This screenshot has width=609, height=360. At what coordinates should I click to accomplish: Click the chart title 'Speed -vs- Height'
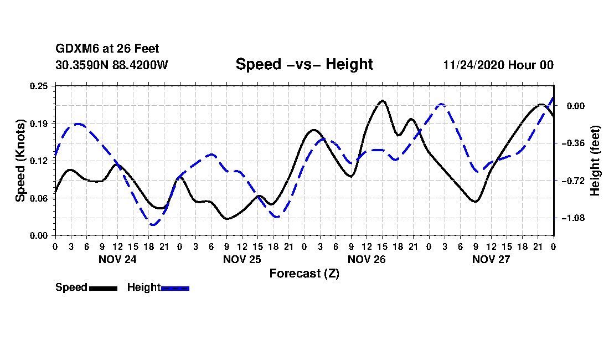pyautogui.click(x=304, y=64)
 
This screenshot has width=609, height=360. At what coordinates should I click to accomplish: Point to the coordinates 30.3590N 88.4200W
pyautogui.click(x=111, y=65)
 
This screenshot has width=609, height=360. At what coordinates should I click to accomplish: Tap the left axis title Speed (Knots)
pyautogui.click(x=20, y=160)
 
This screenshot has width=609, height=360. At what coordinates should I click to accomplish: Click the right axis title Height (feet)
pyautogui.click(x=595, y=161)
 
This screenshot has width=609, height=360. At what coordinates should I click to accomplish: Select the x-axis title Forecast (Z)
pyautogui.click(x=304, y=273)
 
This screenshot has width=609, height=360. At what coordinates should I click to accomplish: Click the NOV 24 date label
pyautogui.click(x=117, y=259)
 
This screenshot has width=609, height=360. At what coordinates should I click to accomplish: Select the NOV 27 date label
pyautogui.click(x=491, y=259)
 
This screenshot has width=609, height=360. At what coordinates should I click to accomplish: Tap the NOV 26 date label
pyautogui.click(x=366, y=259)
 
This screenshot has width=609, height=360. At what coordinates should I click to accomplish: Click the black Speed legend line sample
pyautogui.click(x=103, y=288)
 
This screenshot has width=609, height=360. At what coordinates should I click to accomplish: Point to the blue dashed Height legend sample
pyautogui.click(x=175, y=288)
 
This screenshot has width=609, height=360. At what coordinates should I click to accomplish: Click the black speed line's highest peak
pyautogui.click(x=382, y=101)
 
